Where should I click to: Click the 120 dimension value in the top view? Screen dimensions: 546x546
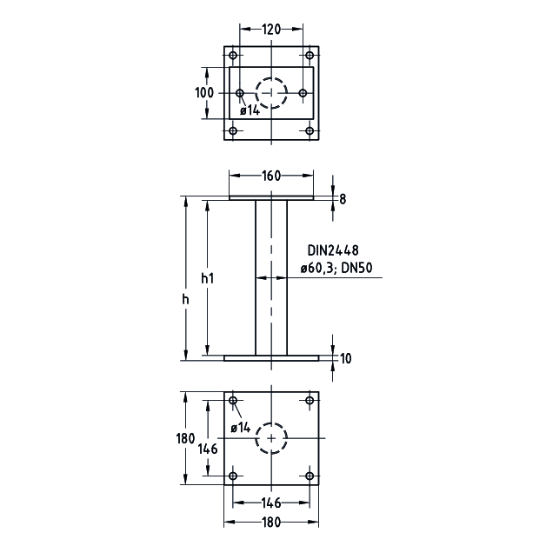[x=272, y=30]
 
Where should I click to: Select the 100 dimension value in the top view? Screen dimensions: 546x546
[x=204, y=93]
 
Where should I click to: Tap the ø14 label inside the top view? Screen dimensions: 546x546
[x=250, y=110]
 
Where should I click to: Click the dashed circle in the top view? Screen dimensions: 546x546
[x=272, y=92]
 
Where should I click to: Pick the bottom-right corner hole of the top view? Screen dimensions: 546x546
[x=310, y=131]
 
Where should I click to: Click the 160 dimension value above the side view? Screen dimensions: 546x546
[x=271, y=176]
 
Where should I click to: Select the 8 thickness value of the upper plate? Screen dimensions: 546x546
[x=343, y=199]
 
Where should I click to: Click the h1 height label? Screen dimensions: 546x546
[x=207, y=278]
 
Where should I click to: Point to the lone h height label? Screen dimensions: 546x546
[x=185, y=298]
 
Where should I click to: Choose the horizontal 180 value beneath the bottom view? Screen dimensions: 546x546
[x=272, y=523]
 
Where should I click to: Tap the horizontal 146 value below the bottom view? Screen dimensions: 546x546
[x=272, y=503]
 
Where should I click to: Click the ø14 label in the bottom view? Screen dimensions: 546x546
[x=241, y=428]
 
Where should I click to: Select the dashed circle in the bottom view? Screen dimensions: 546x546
[x=272, y=439]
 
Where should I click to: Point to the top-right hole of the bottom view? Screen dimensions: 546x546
[x=310, y=401]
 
